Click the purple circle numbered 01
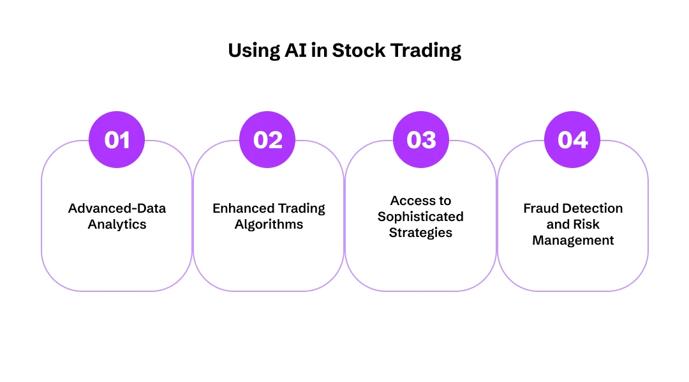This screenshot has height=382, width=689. tap(117, 140)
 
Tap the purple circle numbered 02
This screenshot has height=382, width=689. tap(268, 140)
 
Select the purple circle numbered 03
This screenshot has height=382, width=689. tap(421, 140)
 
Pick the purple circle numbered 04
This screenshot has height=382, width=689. tap(572, 140)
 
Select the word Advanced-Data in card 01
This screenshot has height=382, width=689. tap(117, 209)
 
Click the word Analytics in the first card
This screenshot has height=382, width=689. tap(117, 225)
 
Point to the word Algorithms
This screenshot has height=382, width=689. tap(269, 225)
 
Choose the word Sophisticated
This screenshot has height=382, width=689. tap(420, 217)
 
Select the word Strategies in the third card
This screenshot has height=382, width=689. tap(420, 233)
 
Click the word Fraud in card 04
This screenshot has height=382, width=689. tap(542, 209)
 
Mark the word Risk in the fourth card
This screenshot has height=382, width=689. tap(587, 225)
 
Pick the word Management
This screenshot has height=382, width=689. tap(573, 241)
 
